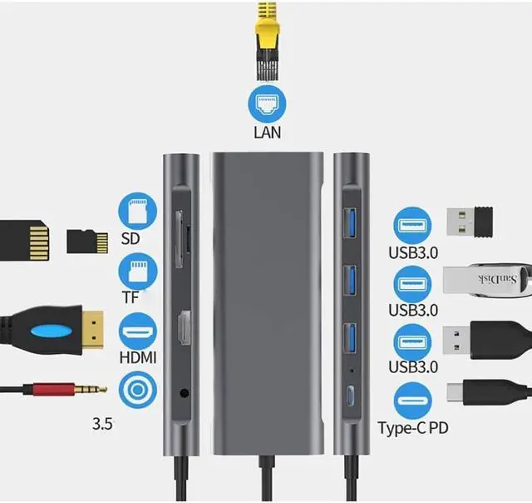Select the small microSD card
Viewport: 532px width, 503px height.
click(x=87, y=241)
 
